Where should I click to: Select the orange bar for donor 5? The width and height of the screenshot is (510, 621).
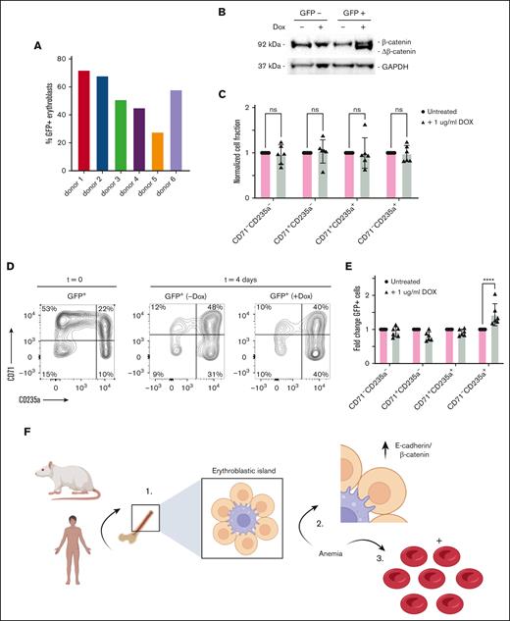158,148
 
